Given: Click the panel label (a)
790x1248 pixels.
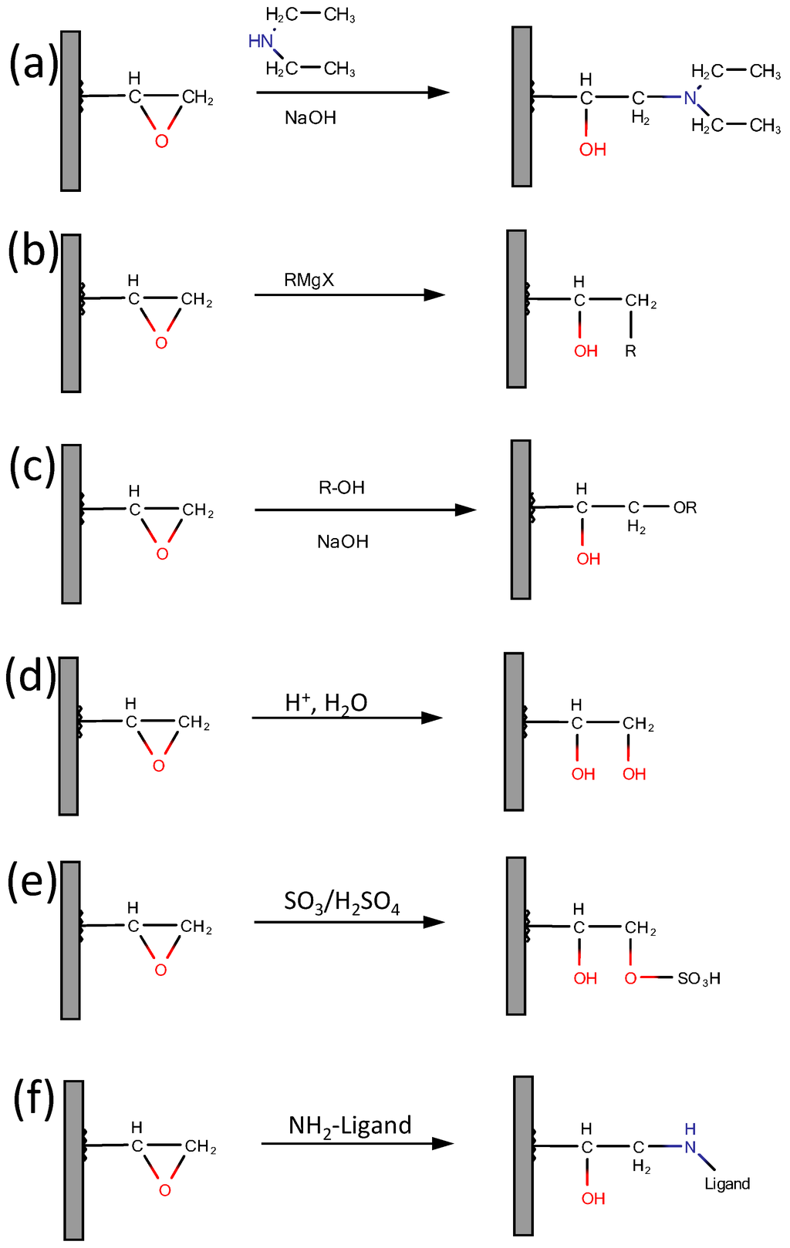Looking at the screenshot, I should click(32, 64).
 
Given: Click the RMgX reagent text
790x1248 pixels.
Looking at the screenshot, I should click(309, 280).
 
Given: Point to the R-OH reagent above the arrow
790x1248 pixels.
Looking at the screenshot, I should click(341, 488).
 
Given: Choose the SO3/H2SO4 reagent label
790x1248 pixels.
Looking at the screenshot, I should click(342, 901).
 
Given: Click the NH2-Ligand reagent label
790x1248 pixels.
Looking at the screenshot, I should click(349, 1126).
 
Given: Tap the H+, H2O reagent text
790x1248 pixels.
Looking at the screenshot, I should click(326, 702).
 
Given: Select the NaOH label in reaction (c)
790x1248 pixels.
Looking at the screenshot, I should click(343, 542).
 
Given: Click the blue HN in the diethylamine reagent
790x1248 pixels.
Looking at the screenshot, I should click(261, 42).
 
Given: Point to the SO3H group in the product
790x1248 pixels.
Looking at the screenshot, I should click(699, 979).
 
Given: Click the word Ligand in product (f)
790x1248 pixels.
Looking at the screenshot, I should click(727, 1184).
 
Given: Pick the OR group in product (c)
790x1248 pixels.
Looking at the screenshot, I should click(685, 508).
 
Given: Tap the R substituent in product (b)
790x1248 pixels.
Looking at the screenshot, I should click(630, 352).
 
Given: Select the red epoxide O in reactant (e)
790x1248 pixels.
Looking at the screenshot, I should click(160, 970).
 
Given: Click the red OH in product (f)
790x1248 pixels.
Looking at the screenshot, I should click(592, 1199).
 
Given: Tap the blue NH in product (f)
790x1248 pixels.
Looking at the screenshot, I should click(690, 1139).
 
